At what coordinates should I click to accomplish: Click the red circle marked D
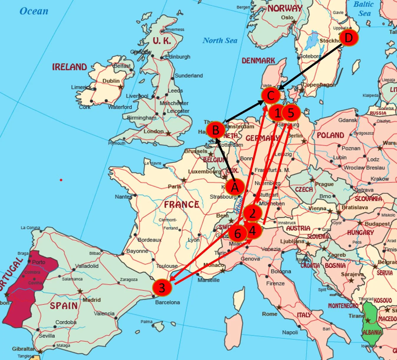coord(349,38)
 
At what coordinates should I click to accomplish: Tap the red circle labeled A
coord(235,187)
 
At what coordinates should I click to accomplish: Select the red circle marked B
coord(215,130)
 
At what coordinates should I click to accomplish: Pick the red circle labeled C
coord(271,95)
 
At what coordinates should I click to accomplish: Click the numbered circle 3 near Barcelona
coord(162,287)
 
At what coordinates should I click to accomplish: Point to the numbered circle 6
coord(238,234)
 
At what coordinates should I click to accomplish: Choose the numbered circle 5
coord(291,113)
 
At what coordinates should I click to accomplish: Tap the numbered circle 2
coord(252,213)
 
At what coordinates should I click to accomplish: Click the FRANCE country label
coord(181,204)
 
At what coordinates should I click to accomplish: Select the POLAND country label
coord(330,135)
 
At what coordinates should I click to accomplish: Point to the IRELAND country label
coord(70,67)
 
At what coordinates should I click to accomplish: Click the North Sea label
coord(220,41)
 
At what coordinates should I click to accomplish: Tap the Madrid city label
coord(92,300)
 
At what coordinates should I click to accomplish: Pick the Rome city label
coord(269,314)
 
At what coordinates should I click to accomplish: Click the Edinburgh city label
coord(178,57)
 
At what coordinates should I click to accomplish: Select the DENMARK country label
coord(258,61)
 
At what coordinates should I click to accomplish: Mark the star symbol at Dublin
coord(120,87)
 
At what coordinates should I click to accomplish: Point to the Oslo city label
coord(287,17)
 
